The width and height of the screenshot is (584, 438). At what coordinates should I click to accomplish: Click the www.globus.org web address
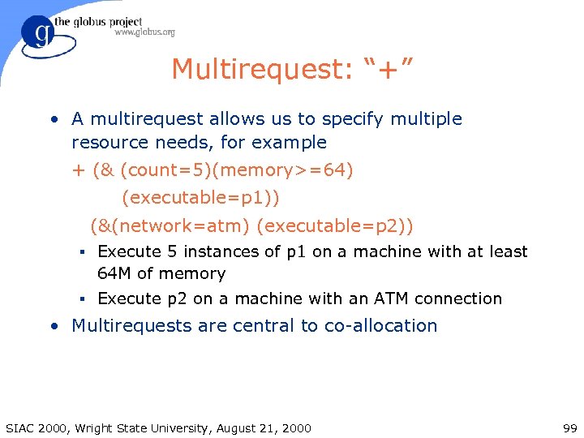(144, 32)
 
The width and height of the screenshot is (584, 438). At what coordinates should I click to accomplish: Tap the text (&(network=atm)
(170, 224)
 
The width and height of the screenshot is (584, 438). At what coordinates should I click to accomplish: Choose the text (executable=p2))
(334, 224)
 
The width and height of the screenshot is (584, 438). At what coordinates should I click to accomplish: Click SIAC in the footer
(20, 428)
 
